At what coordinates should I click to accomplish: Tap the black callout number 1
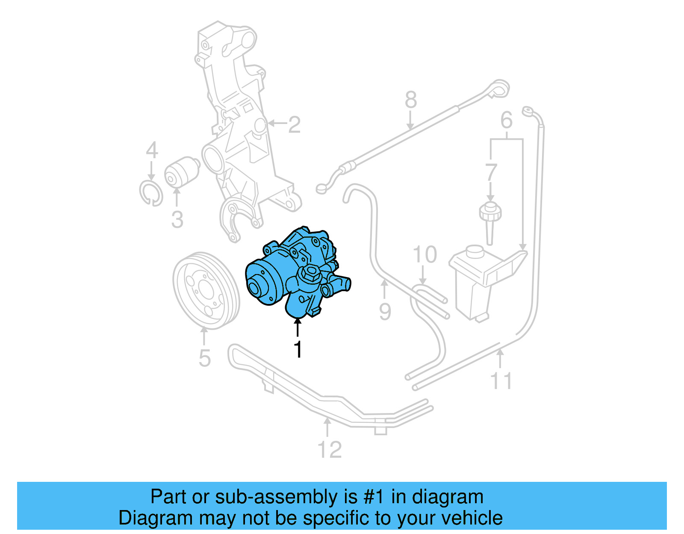coord(298,349)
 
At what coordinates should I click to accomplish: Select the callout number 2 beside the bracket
coord(294,125)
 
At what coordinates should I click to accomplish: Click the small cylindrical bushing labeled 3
coord(182,173)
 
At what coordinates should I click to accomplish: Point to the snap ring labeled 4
coord(151,193)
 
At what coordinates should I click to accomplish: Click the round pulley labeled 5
coord(206,291)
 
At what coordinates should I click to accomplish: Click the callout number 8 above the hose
coord(410,100)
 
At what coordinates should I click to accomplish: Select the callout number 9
coord(385,312)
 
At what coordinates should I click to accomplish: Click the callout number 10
coord(425,255)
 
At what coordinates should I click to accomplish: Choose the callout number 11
coord(501,381)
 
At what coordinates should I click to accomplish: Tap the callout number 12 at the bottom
coord(330,450)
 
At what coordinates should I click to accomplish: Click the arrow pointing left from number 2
coord(277,124)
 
